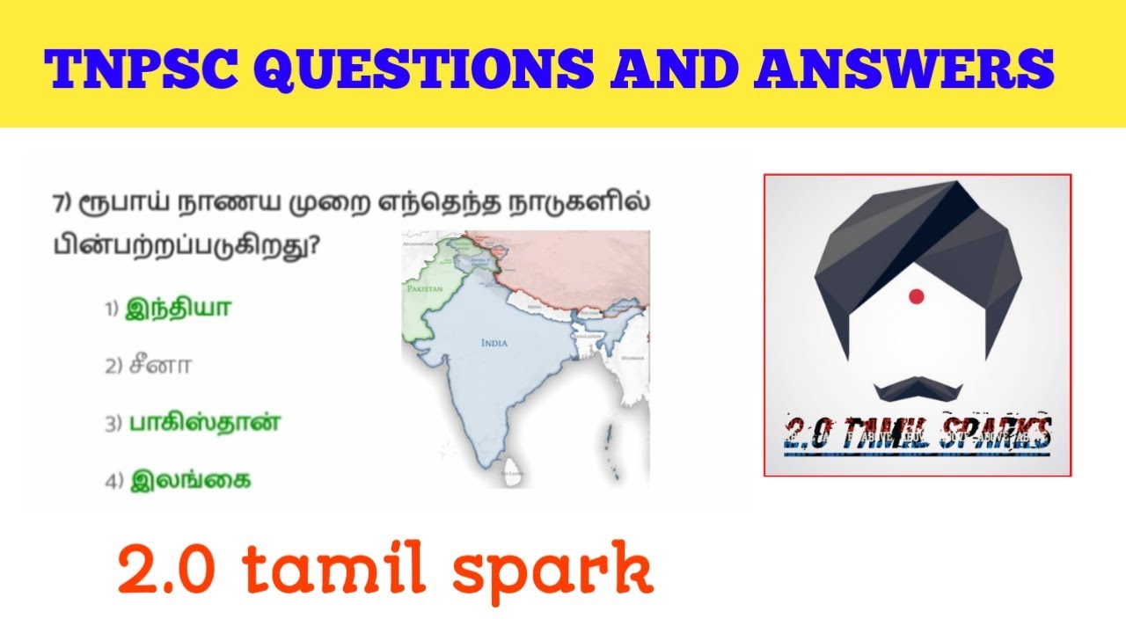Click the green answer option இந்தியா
tap(179, 309)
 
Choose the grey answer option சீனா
tap(160, 366)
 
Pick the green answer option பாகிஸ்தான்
tap(205, 423)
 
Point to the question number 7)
tap(62, 204)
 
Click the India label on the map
tap(494, 343)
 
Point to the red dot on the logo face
tap(916, 296)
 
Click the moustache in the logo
tap(917, 387)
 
